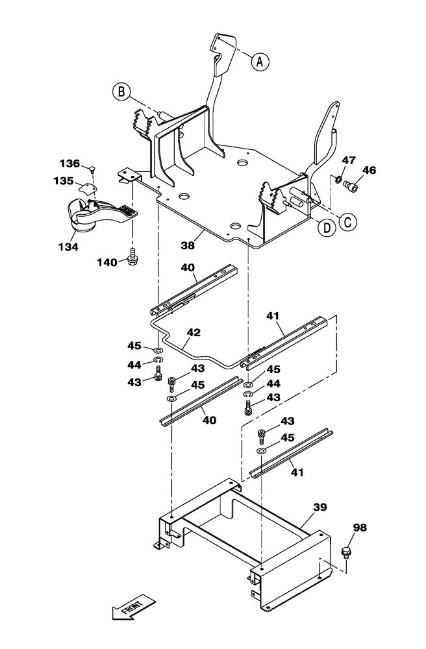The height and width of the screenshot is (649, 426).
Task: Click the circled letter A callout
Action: pyautogui.click(x=259, y=62)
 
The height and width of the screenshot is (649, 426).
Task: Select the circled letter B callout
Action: pyautogui.click(x=121, y=92)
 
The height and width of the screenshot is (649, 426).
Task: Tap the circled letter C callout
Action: pyautogui.click(x=347, y=220)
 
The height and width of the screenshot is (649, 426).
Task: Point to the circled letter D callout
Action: pyautogui.click(x=326, y=227)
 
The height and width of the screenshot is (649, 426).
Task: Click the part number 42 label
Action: pyautogui.click(x=194, y=332)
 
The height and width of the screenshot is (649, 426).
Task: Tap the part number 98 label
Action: pyautogui.click(x=358, y=528)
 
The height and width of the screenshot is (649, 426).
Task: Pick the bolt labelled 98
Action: pyautogui.click(x=345, y=554)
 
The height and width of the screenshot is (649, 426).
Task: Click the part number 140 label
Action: pyautogui.click(x=107, y=262)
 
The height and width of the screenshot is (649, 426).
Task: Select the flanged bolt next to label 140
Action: pyautogui.click(x=133, y=257)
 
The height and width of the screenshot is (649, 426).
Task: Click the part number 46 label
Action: pyautogui.click(x=368, y=171)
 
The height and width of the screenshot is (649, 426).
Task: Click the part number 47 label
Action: pyautogui.click(x=349, y=160)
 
